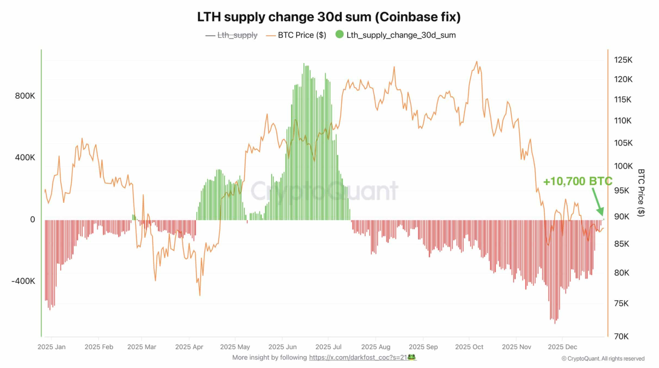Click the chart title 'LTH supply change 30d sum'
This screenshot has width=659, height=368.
tap(329, 17)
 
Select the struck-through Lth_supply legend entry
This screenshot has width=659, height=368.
tap(237, 35)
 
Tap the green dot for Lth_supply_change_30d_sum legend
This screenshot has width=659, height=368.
tap(339, 35)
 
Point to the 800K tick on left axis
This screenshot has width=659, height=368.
tap(25, 96)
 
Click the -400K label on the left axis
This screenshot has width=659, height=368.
tap(24, 281)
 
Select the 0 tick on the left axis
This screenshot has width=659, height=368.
tap(32, 220)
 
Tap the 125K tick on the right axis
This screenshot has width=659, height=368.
tap(623, 60)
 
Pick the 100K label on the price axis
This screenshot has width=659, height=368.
tap(623, 166)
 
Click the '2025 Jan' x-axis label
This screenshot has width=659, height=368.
tap(52, 347)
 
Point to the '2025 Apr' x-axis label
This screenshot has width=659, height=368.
tap(189, 347)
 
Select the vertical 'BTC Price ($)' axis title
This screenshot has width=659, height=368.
tap(641, 192)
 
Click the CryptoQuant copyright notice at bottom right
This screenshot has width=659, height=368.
tap(603, 359)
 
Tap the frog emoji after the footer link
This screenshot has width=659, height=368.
tap(411, 358)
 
